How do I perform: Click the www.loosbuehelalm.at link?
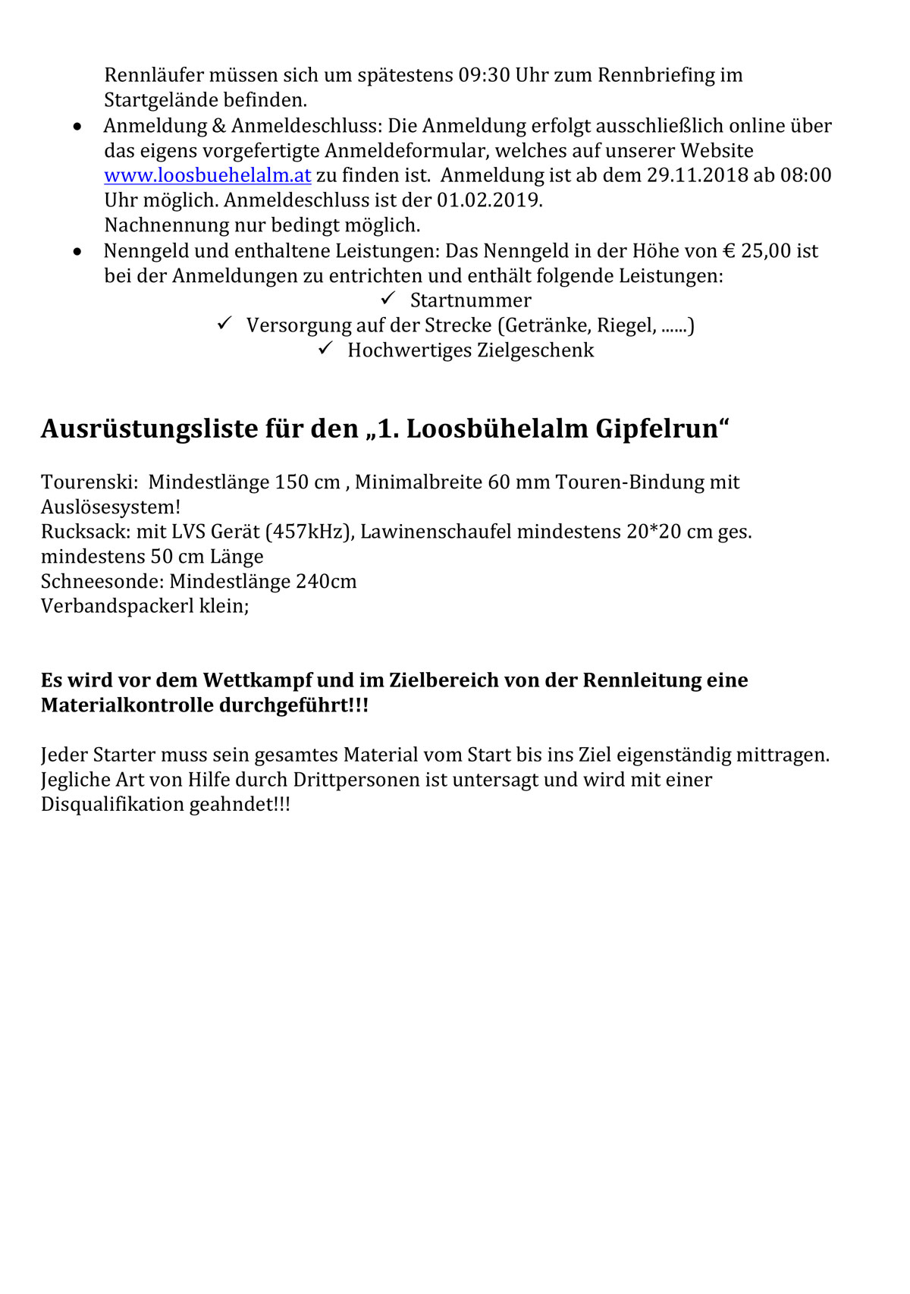[x=207, y=175]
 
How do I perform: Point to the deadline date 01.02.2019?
[x=489, y=200]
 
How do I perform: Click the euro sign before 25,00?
[x=730, y=250]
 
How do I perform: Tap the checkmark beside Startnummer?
[x=389, y=298]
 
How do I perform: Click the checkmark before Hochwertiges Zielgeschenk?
[x=326, y=348]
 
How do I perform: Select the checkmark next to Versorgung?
[x=224, y=323]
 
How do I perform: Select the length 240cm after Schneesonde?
[x=326, y=582]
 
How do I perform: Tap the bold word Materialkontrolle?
[x=127, y=705]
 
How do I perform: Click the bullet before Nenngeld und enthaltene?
[x=77, y=251]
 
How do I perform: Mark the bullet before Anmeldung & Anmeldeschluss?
[x=77, y=126]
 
